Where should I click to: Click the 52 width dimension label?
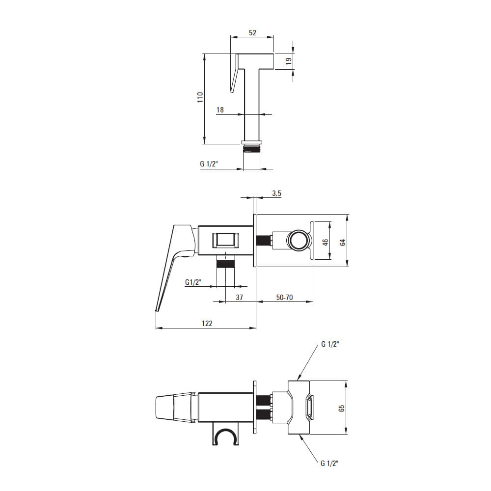[252, 32]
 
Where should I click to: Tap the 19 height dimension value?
[289, 61]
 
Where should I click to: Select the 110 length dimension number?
[200, 97]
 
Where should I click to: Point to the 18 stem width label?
[220, 110]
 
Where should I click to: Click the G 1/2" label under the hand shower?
[209, 164]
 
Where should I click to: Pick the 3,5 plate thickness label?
[276, 193]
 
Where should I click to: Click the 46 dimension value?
[326, 242]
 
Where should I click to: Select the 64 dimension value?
[343, 242]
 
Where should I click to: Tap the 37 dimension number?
[239, 297]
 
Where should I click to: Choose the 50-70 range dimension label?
[284, 297]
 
